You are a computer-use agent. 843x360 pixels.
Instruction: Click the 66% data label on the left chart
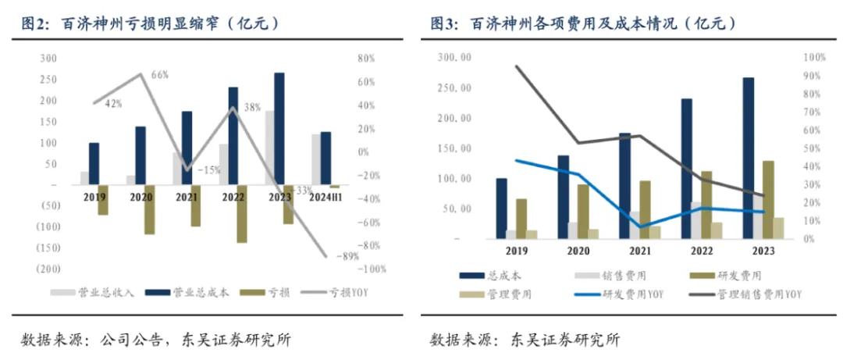click(159, 75)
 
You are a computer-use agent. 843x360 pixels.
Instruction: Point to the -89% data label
click(347, 256)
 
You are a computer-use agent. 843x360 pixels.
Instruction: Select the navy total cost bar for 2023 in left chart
click(279, 129)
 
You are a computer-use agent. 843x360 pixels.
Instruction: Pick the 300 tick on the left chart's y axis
click(48, 59)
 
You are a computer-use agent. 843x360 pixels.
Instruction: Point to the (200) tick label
click(48, 269)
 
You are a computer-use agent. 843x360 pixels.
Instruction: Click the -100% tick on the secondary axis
click(373, 269)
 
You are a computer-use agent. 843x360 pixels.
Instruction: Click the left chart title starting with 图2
click(148, 24)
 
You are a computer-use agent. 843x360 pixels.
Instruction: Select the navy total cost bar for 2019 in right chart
click(501, 208)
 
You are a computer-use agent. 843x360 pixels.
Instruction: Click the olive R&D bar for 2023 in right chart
click(769, 199)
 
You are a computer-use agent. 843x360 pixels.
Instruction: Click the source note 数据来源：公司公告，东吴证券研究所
click(156, 340)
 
